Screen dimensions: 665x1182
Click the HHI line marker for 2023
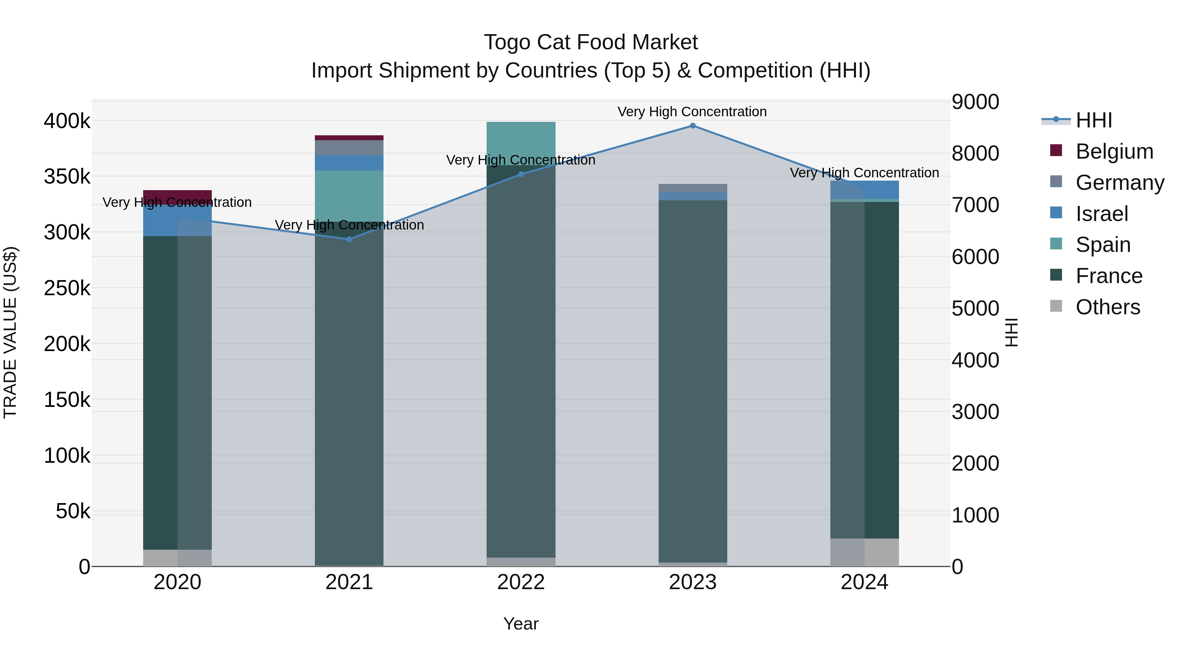tap(692, 126)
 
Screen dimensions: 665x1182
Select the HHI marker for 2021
tap(349, 239)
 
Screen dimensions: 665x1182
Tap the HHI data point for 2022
tap(521, 174)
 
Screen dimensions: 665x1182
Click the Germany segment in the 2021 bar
tap(349, 148)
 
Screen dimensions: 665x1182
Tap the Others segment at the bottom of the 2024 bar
tap(865, 552)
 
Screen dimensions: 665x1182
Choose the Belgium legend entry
tap(1114, 151)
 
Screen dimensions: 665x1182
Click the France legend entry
tap(1108, 276)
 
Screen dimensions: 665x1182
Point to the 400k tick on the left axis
tap(67, 121)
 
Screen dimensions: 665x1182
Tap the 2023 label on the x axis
tap(692, 582)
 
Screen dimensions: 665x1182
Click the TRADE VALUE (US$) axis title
tap(10, 332)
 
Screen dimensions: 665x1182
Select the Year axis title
tap(521, 624)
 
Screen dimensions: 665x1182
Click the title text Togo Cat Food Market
tap(591, 42)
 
